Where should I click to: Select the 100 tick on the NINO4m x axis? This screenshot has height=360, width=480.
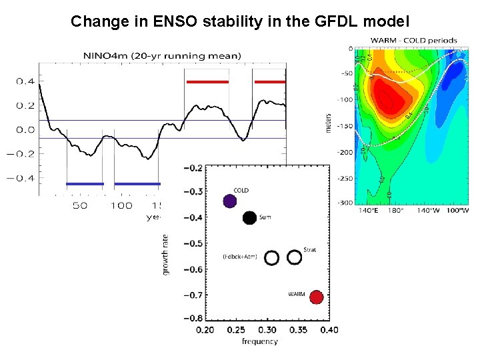pos(121,205)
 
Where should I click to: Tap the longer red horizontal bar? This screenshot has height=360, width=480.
pos(207,81)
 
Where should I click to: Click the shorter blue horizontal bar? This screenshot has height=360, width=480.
pos(85,183)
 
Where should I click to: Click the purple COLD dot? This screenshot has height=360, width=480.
pos(229,201)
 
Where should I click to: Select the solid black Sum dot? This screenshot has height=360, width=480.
pos(249,217)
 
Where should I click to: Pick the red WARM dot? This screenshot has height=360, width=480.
pos(316,297)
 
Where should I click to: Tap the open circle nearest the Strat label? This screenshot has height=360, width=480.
pos(295,257)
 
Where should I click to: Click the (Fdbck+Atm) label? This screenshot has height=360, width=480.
pos(239,256)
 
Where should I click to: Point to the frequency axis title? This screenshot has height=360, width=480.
pos(260,341)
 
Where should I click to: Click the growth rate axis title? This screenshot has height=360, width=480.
pos(165,254)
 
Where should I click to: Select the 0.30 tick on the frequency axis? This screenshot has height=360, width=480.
pos(267,330)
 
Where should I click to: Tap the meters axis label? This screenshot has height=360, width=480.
pos(328,119)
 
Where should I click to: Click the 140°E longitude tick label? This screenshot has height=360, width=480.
pos(369,211)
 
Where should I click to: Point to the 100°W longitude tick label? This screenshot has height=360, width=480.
pos(457,211)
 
